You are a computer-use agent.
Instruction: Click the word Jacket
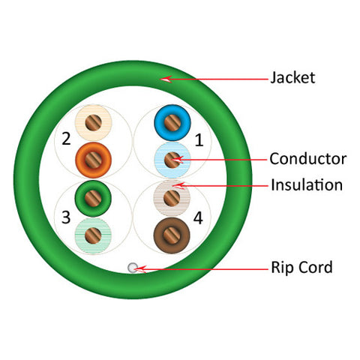click(x=292, y=77)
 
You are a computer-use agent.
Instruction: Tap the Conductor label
click(x=308, y=159)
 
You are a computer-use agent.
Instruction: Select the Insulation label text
click(x=307, y=185)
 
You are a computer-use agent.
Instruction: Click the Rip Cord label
click(x=301, y=267)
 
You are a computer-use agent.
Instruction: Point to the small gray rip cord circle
click(x=133, y=268)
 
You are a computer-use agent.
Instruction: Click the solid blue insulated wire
click(x=172, y=123)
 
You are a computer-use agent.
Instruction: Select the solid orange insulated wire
click(x=94, y=160)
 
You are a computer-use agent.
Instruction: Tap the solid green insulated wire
click(x=93, y=198)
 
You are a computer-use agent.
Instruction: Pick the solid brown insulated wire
click(x=172, y=235)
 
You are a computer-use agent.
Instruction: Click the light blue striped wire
click(x=172, y=160)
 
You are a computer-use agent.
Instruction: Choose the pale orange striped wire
click(x=94, y=122)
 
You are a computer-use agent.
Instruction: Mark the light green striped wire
click(x=93, y=235)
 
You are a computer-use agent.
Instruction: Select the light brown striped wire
click(x=172, y=198)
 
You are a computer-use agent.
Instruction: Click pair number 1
click(x=199, y=140)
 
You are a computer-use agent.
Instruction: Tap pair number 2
click(x=66, y=139)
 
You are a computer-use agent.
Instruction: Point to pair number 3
click(x=66, y=217)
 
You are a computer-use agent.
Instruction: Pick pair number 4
click(x=198, y=218)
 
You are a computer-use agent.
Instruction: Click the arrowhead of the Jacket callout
click(x=165, y=79)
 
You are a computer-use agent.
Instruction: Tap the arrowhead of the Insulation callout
click(x=178, y=185)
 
